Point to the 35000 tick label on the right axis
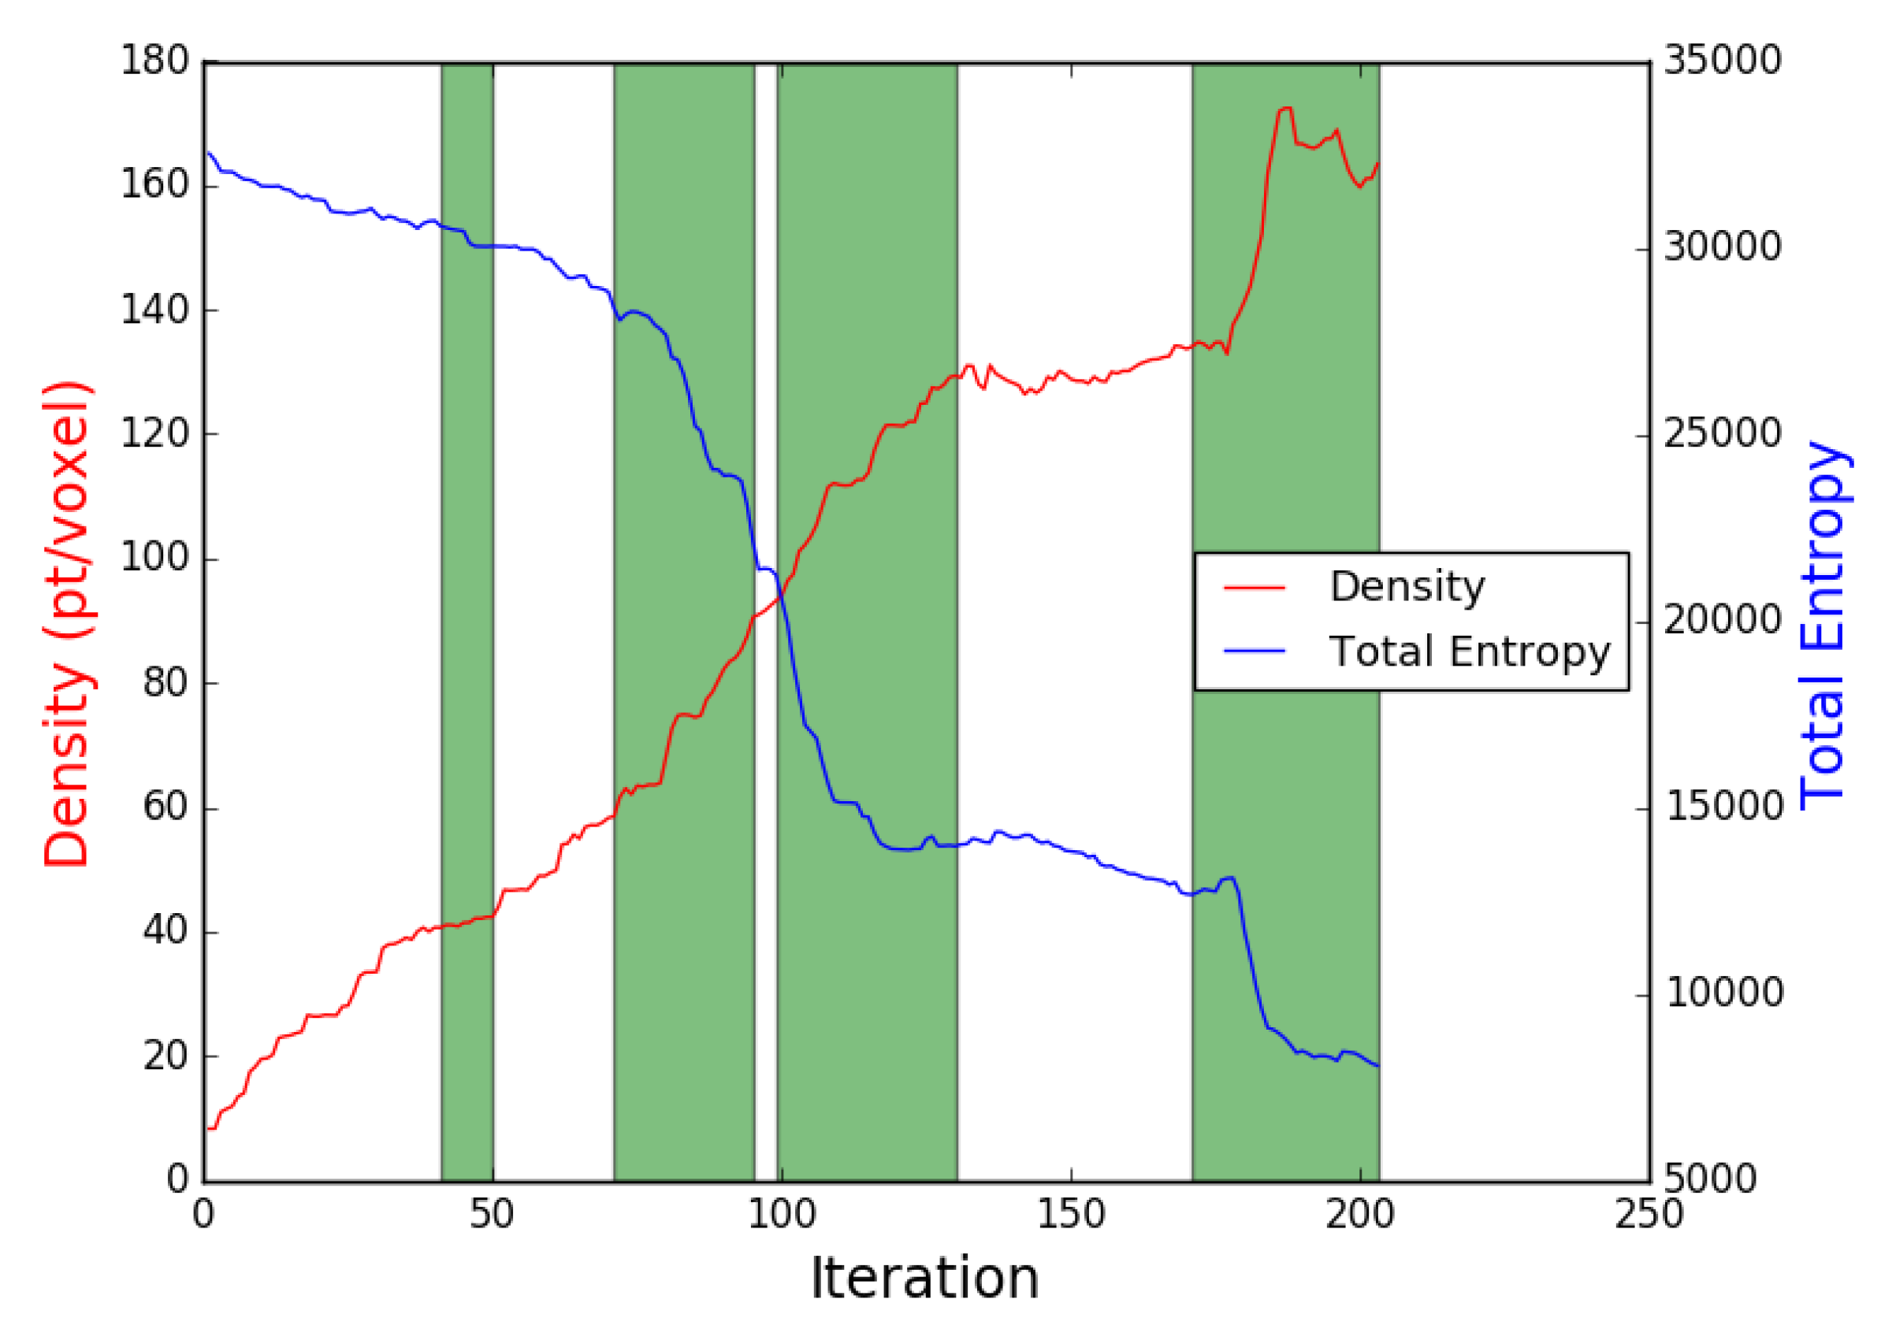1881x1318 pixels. (1722, 61)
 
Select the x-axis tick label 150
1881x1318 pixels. (1071, 1214)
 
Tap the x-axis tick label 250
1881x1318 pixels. (1649, 1214)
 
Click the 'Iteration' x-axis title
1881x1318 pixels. (925, 1279)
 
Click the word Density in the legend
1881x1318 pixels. (1407, 586)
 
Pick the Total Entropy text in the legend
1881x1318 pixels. (1470, 652)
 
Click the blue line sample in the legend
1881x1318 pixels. (1255, 652)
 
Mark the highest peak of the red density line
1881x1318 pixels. (1286, 108)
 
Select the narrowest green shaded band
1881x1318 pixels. (467, 622)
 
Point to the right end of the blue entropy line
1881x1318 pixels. (1378, 1066)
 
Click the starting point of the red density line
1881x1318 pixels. (208, 1129)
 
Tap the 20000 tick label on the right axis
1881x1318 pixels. (1722, 620)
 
